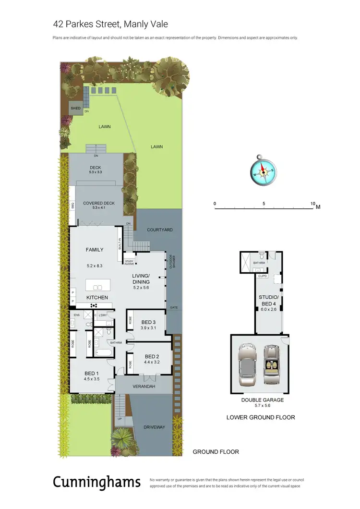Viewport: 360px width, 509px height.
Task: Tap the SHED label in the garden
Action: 75,109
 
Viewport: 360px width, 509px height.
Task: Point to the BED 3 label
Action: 149,322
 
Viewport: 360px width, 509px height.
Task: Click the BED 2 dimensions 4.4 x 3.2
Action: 152,362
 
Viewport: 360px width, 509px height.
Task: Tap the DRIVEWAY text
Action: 155,427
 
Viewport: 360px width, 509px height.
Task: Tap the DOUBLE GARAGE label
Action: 262,400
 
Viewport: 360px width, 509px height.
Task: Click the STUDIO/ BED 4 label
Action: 268,300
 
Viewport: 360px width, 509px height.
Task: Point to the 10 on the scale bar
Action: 312,204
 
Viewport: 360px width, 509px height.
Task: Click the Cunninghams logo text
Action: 96,482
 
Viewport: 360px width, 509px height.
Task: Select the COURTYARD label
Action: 160,230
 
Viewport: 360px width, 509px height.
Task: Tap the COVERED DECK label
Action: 98,203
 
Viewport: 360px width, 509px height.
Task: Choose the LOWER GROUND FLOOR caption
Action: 260,417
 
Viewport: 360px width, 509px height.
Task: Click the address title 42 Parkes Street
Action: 110,24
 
